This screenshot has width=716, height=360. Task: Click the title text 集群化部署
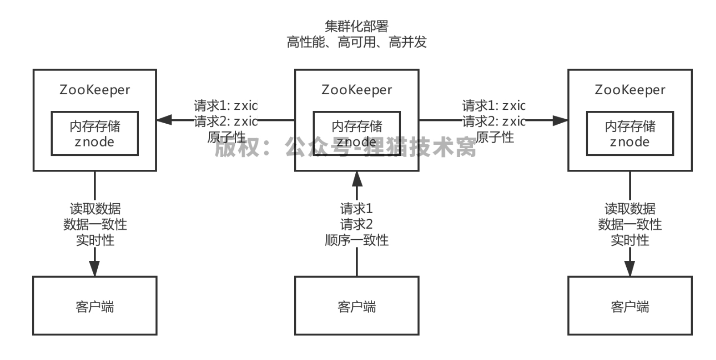click(x=356, y=26)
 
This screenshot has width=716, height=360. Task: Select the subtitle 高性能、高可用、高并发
click(x=356, y=42)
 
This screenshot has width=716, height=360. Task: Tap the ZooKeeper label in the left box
click(x=95, y=90)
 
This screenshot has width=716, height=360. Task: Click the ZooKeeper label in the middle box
click(x=357, y=90)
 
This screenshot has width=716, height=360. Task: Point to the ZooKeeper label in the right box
click(x=630, y=90)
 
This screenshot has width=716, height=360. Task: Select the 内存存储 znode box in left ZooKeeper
click(x=95, y=134)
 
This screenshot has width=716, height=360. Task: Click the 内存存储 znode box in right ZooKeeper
click(x=630, y=134)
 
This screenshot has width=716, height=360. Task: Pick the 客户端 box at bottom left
click(x=95, y=306)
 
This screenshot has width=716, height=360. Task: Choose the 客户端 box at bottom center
click(x=357, y=306)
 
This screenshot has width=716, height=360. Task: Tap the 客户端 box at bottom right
click(x=630, y=306)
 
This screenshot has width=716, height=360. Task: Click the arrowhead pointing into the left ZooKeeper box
click(x=164, y=120)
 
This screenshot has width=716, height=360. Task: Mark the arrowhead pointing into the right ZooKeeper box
click(x=560, y=120)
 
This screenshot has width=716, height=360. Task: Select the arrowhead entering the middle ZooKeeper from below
click(x=357, y=179)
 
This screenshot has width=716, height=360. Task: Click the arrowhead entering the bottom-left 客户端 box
click(x=95, y=268)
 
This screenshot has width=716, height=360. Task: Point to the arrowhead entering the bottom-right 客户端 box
click(x=630, y=268)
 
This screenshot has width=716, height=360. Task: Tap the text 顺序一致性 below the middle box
click(x=357, y=240)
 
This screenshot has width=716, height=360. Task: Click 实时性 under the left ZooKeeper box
click(x=95, y=240)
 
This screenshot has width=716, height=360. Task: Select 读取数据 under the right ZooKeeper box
click(x=630, y=209)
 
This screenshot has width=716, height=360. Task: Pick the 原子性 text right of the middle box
click(x=495, y=137)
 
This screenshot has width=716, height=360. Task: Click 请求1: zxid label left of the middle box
click(x=225, y=106)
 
